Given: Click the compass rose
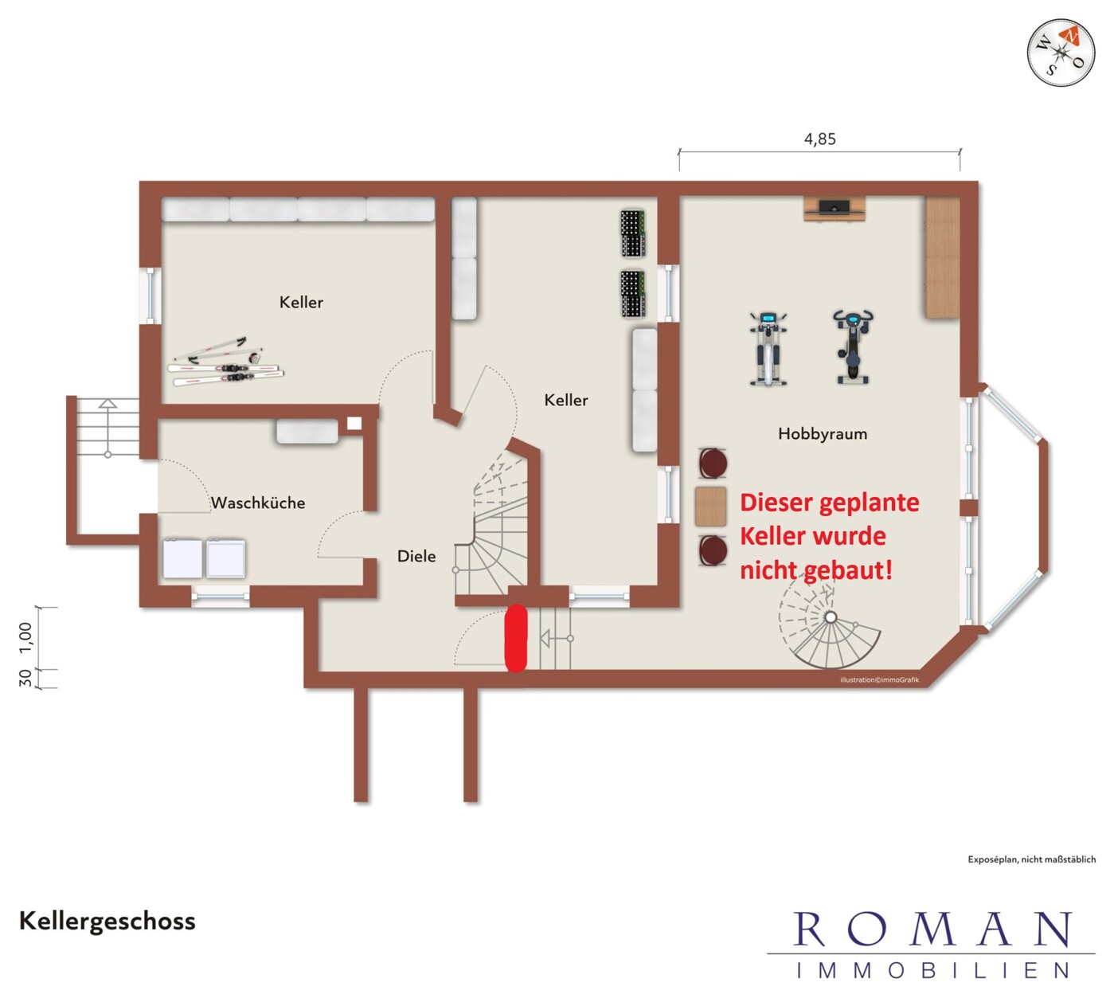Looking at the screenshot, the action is [x=1061, y=53].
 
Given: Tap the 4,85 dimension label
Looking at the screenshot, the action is [x=819, y=139].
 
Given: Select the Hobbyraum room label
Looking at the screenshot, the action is [x=822, y=433].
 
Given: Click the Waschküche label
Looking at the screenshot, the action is [x=258, y=503].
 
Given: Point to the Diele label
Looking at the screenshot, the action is [x=416, y=556].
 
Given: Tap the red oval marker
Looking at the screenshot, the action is [x=516, y=638].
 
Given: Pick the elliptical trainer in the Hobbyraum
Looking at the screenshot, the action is [x=768, y=349].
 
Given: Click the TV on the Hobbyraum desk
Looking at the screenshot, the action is [x=835, y=207].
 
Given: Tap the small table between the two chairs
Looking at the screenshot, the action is [x=710, y=506].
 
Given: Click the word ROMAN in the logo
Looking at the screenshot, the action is [x=932, y=930].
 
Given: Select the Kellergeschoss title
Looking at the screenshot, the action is [x=107, y=922].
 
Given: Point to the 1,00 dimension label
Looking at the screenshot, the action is [x=25, y=638].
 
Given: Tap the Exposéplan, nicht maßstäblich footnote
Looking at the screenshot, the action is [x=1031, y=859].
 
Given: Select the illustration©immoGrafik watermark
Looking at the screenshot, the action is [x=879, y=680].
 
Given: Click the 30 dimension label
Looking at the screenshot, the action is [x=25, y=678].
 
